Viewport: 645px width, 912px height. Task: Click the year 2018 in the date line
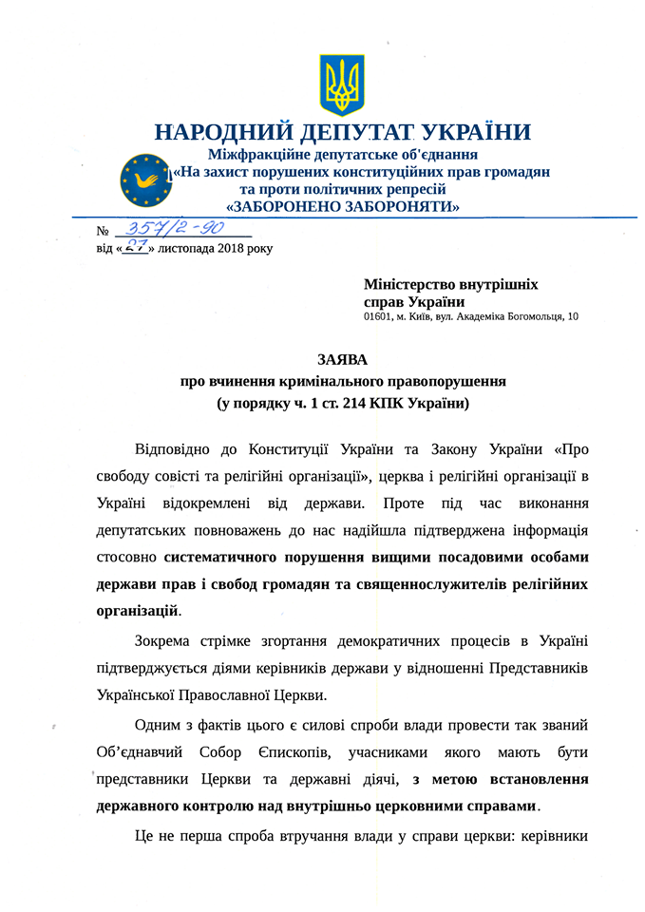230,249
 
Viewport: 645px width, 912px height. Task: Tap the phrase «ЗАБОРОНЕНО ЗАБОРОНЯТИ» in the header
343,206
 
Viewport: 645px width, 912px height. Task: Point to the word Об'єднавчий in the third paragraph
143,752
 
